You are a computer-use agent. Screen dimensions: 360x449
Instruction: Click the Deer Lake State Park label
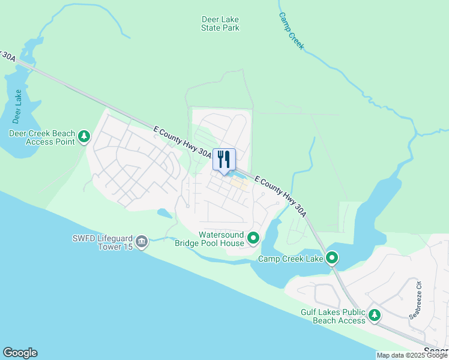(x=220, y=23)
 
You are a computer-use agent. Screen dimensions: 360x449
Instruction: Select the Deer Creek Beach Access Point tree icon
(x=85, y=137)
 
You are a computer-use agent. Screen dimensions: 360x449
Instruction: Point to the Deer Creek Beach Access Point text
(x=42, y=137)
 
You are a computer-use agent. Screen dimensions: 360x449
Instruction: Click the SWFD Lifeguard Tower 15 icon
(x=142, y=242)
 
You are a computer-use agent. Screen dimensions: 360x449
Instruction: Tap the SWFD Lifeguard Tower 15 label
(x=101, y=242)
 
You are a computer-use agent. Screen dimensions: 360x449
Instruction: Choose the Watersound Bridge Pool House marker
(x=253, y=238)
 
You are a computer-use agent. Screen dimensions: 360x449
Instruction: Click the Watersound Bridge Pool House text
(x=209, y=238)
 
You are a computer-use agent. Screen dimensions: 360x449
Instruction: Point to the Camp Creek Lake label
(x=291, y=259)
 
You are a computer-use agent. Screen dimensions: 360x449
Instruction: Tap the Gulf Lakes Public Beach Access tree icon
(x=375, y=315)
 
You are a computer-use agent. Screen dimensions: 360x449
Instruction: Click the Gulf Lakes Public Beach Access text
(x=333, y=316)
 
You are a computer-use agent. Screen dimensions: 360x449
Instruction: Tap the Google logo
(x=20, y=353)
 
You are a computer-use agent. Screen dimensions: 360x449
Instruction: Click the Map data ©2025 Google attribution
(x=411, y=355)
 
